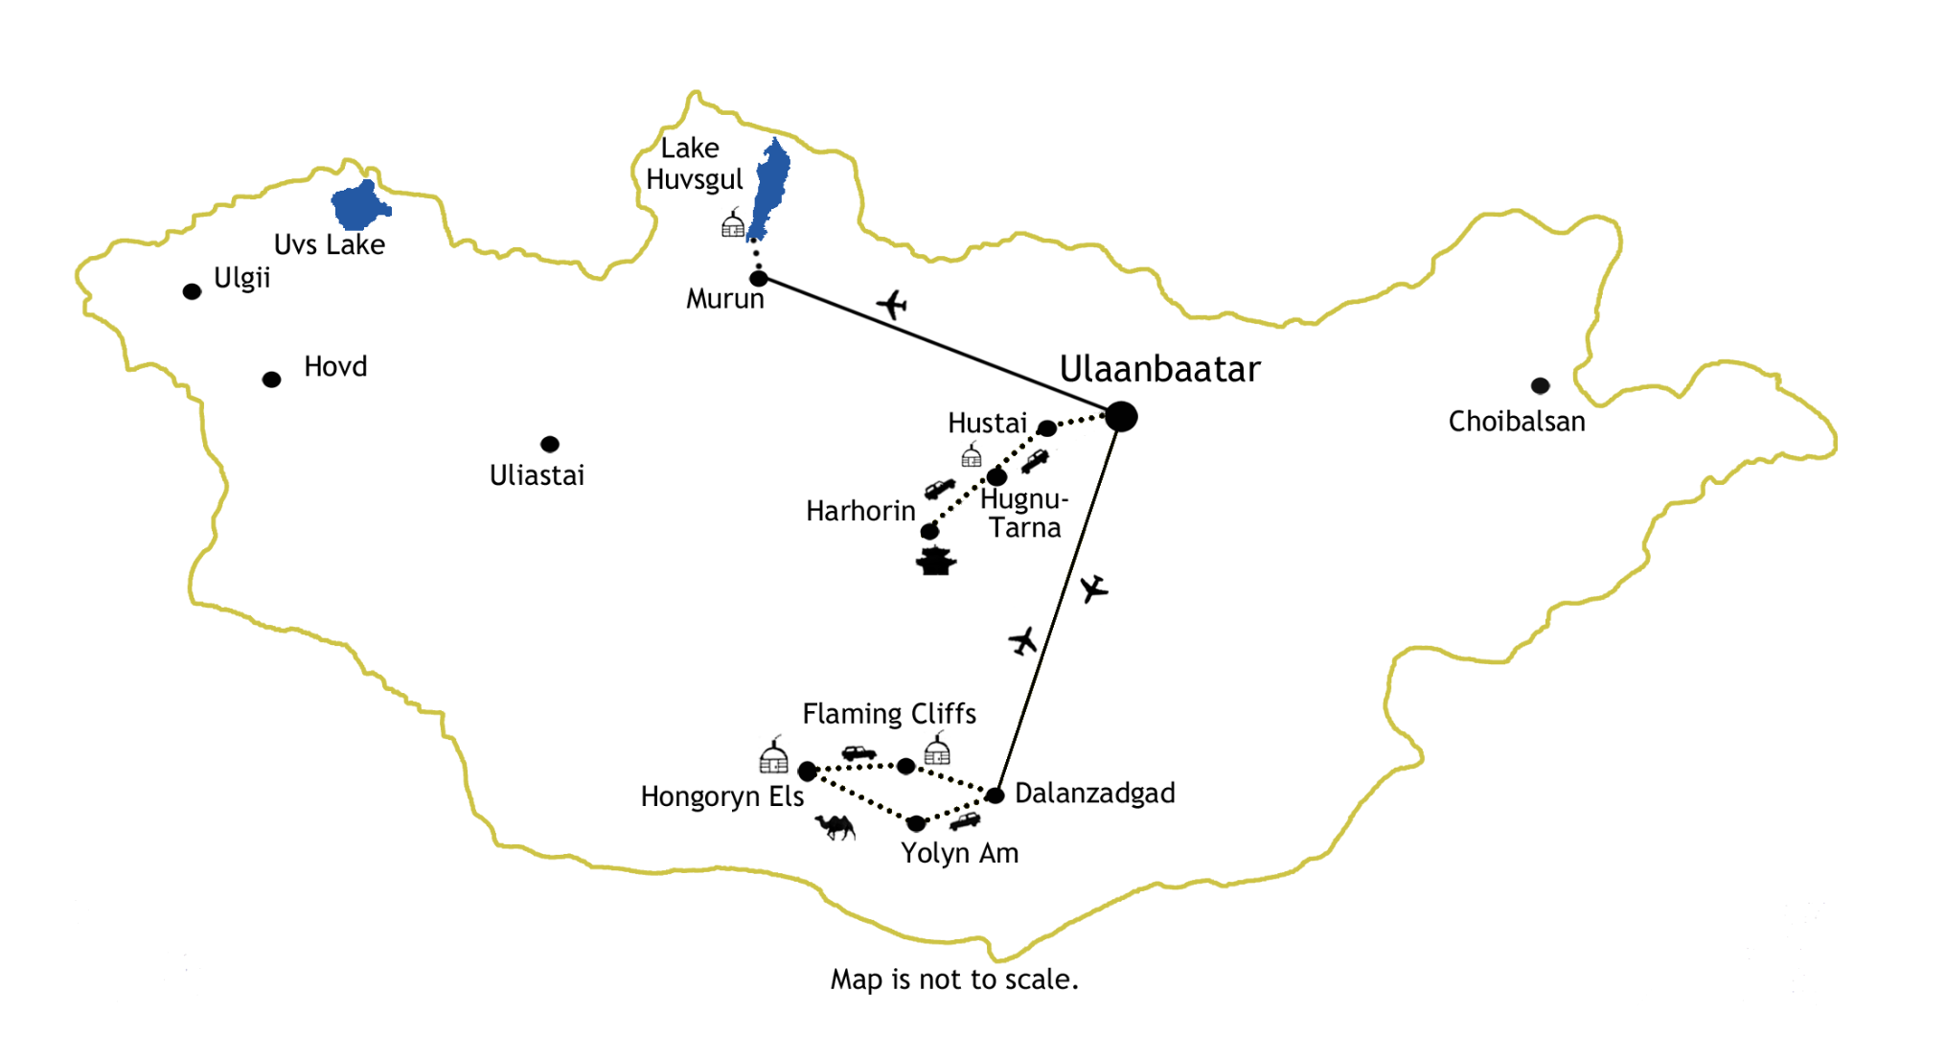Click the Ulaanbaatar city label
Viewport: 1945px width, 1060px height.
(1159, 370)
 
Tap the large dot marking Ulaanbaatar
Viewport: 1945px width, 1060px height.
(1121, 417)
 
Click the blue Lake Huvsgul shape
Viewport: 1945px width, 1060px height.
(769, 188)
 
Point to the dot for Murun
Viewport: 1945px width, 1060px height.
(759, 279)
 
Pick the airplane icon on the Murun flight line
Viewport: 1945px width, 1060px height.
(892, 305)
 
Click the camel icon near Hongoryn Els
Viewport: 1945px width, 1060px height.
(835, 827)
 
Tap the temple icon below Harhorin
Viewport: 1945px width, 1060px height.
(935, 561)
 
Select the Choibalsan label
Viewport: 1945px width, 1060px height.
(1517, 422)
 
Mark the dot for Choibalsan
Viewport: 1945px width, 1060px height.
(1540, 385)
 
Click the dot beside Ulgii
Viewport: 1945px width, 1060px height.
(192, 291)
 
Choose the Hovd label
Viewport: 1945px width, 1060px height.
(335, 367)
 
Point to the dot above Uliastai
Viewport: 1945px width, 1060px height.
(550, 444)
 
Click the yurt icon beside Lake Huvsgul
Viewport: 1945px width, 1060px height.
(733, 223)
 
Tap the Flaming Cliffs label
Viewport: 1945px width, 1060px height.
(889, 714)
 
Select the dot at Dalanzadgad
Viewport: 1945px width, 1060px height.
(995, 795)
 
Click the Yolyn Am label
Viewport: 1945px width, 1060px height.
(959, 853)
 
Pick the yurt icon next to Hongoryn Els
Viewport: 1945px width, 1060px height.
(773, 755)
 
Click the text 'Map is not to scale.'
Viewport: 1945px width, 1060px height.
(954, 979)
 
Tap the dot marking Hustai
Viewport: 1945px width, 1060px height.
(1047, 428)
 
